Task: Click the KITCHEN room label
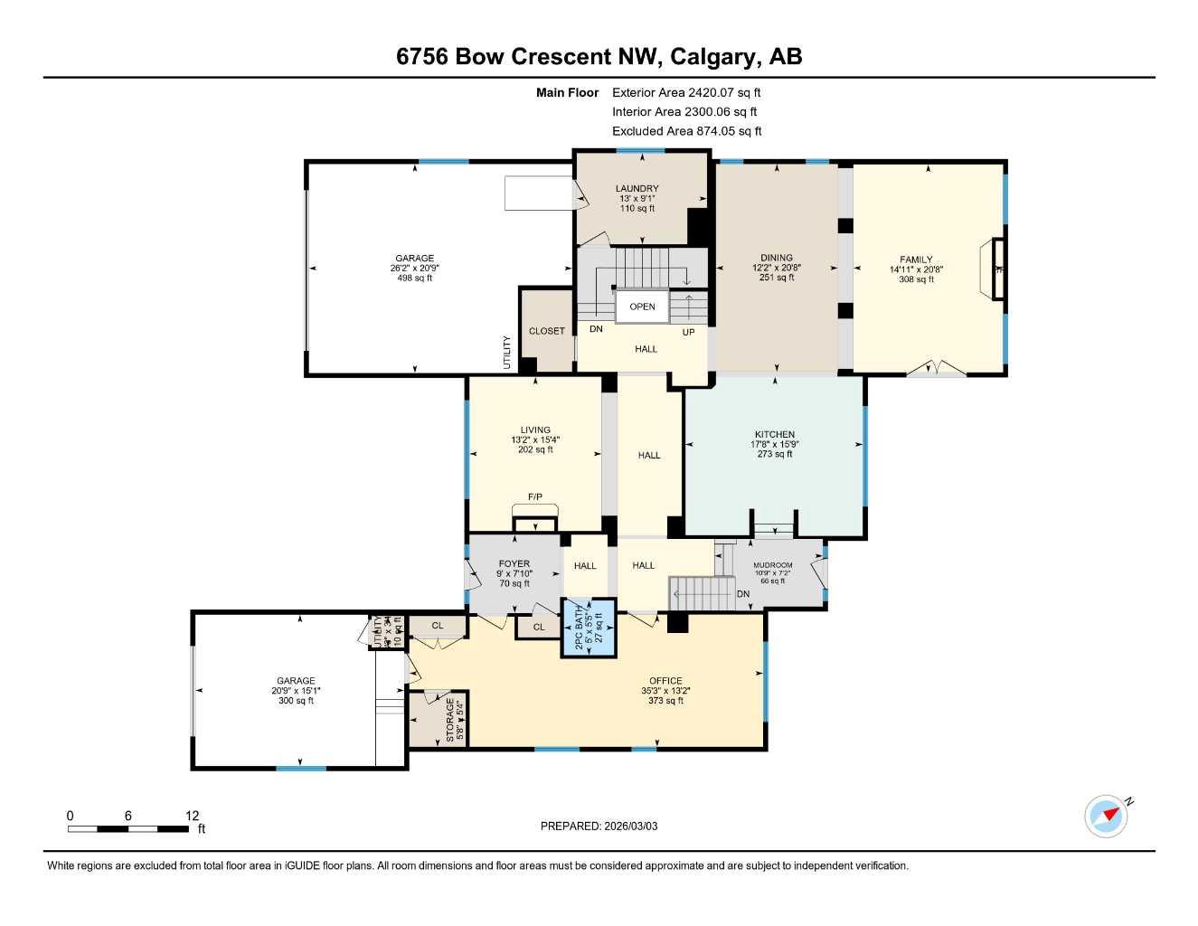tap(775, 435)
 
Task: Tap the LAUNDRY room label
tap(637, 189)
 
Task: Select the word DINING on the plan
tap(777, 258)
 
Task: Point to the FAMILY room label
tap(916, 260)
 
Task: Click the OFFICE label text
tap(665, 681)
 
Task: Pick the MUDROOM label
tap(773, 565)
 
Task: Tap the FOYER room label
tap(514, 564)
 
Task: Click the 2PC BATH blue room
tap(589, 627)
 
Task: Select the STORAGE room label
tap(449, 720)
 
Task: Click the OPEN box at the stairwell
tap(642, 307)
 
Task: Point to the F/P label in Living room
tap(535, 496)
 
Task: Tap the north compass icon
tap(1107, 816)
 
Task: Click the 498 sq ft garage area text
tap(415, 279)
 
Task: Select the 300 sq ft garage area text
tap(297, 701)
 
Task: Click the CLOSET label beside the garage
tap(547, 331)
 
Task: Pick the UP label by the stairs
tap(689, 333)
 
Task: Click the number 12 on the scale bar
tap(192, 816)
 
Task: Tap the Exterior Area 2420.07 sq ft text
tap(686, 92)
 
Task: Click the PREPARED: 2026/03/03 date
tap(599, 826)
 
